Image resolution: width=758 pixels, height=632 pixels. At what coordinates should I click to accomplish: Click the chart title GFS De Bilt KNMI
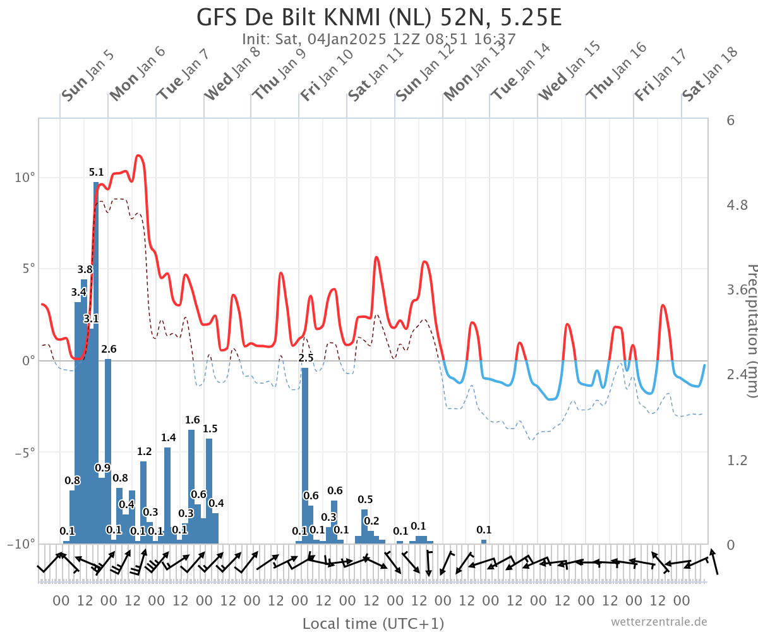(314, 17)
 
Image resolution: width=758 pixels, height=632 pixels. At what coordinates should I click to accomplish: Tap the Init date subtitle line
(378, 39)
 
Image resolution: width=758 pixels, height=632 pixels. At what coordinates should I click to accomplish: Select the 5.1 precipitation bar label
(96, 172)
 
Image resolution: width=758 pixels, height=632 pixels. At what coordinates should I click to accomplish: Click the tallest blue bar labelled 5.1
(96, 363)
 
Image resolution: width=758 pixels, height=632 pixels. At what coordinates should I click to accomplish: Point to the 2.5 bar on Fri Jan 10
(305, 456)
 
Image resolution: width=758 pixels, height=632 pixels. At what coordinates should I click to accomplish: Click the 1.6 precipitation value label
(193, 420)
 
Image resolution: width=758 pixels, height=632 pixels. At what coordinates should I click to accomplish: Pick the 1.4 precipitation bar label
(169, 438)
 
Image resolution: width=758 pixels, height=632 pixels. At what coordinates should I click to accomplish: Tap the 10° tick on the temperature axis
(25, 178)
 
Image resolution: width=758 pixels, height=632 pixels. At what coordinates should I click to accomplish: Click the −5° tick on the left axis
(25, 453)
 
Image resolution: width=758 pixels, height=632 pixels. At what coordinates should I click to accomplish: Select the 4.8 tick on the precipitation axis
(737, 205)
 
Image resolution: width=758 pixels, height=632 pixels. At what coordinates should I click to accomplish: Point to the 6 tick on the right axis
(730, 120)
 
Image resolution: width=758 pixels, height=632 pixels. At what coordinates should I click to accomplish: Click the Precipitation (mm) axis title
(752, 331)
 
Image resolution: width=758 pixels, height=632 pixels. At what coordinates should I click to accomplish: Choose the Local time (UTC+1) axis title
(373, 623)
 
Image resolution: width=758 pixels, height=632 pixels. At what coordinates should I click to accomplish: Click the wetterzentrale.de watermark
(659, 621)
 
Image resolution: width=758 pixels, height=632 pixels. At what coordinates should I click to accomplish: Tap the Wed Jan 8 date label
(232, 74)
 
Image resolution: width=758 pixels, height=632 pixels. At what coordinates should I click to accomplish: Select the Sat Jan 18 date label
(710, 74)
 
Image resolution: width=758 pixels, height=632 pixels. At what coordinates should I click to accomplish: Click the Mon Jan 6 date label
(137, 74)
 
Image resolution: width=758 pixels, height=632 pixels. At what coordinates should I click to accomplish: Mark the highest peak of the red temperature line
(138, 155)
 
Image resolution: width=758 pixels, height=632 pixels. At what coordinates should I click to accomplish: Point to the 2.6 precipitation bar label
(109, 349)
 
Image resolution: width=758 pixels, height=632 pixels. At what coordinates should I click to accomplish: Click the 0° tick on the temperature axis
(28, 361)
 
